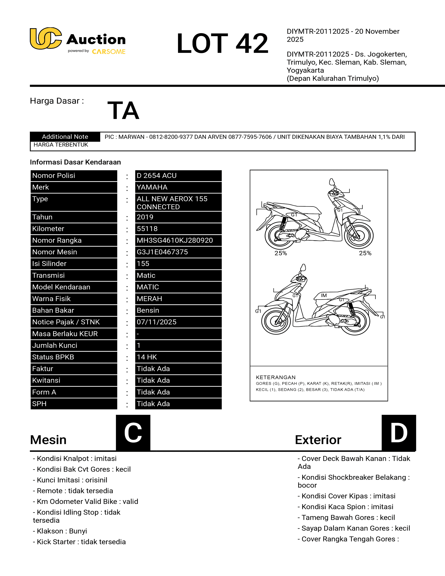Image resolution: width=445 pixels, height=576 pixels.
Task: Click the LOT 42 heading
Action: [x=222, y=43]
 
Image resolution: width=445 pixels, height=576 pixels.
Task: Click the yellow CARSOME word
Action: [x=109, y=52]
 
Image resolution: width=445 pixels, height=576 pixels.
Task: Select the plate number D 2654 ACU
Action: [x=157, y=176]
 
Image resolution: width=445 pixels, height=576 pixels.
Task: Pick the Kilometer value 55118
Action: [x=147, y=229]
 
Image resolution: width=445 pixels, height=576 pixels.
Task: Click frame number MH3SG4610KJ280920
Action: [x=175, y=240]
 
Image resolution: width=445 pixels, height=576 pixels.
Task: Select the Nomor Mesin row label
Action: [x=55, y=252]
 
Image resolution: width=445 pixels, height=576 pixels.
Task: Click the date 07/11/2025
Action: [x=157, y=322]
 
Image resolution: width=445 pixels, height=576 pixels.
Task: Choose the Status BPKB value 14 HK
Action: [x=147, y=357]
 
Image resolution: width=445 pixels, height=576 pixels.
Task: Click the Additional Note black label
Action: [x=65, y=137]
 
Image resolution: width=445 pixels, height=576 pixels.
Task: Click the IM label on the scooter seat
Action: [x=324, y=295]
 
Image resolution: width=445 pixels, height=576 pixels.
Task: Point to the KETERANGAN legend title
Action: [x=276, y=377]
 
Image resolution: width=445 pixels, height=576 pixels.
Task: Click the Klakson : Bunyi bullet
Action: [x=60, y=531]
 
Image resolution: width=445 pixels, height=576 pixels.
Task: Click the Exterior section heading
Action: [x=318, y=440]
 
